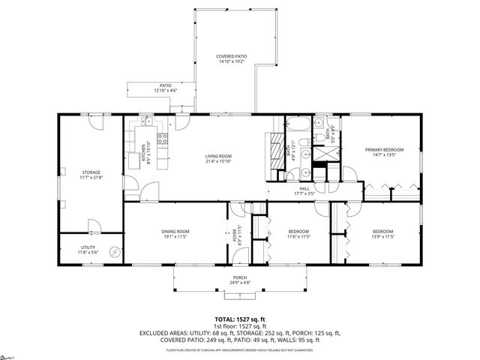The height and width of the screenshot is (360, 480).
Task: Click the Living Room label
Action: pos(218,157)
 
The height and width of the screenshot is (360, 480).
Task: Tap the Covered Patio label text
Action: pos(232,56)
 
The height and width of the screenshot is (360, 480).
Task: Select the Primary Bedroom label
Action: pos(379,150)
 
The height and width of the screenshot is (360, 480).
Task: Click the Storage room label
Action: pos(91,172)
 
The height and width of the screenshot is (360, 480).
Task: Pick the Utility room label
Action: pos(88,248)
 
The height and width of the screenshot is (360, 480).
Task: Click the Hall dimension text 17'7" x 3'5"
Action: pos(305,193)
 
